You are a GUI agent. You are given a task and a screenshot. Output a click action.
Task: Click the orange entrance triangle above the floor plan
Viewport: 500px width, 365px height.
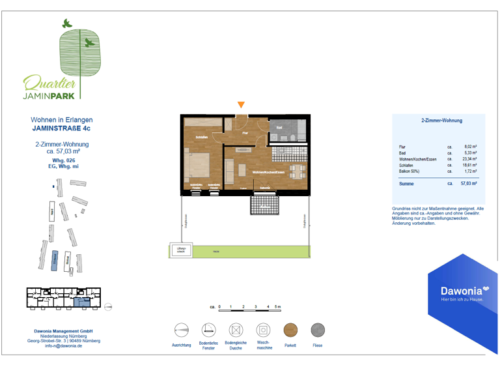[242, 105]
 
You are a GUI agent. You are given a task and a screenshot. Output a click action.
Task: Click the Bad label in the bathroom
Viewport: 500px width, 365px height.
[279, 127]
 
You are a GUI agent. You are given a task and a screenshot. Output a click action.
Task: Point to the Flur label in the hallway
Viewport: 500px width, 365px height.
[245, 133]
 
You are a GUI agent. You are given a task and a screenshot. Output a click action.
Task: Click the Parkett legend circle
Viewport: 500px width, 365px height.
[291, 330]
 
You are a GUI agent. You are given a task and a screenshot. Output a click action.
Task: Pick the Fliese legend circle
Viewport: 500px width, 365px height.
[318, 330]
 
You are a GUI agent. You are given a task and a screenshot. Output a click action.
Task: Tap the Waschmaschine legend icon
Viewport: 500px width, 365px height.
[262, 330]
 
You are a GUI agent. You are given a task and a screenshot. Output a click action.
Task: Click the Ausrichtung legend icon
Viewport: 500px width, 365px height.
[181, 330]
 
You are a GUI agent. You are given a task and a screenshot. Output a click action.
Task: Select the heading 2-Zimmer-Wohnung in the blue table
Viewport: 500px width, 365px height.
[442, 121]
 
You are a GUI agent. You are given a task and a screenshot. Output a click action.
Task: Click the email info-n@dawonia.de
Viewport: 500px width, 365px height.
[64, 346]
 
